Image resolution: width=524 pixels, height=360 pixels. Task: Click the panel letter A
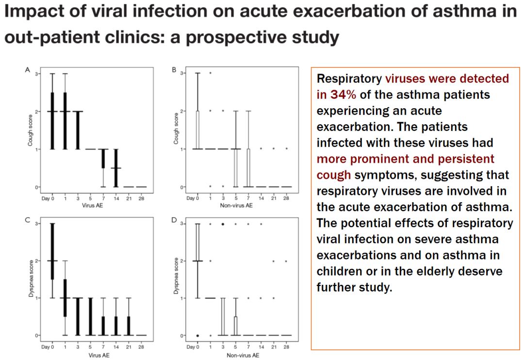28,70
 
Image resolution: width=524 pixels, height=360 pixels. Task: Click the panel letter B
174,70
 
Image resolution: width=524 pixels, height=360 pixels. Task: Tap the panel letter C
28,220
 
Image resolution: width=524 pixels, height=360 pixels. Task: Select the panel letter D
174,220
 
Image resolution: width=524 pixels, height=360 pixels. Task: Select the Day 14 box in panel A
115,168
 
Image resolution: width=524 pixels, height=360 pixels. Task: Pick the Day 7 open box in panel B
248,168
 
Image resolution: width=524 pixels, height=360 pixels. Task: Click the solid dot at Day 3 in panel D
223,224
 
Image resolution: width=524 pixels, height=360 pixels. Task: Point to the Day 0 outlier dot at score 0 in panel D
197,335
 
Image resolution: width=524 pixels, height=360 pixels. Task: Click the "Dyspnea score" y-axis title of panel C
30,279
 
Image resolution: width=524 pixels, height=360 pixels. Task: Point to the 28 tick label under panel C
141,347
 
